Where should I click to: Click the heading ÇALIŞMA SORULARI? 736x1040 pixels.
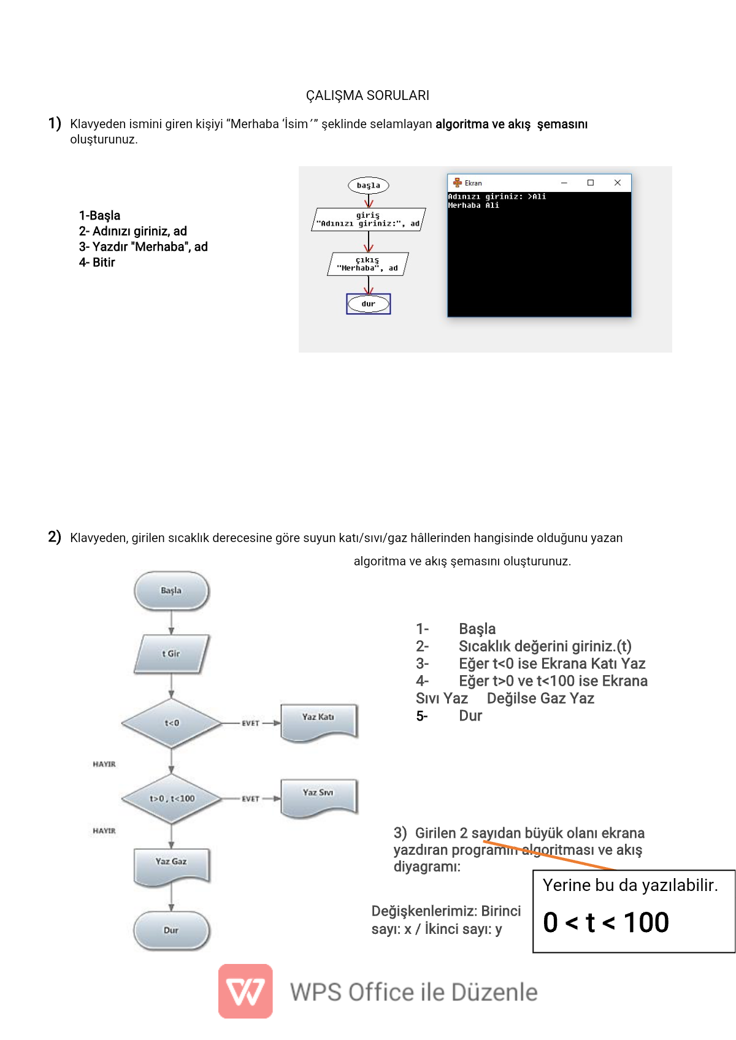point(367,96)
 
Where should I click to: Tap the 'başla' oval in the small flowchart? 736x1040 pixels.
point(369,185)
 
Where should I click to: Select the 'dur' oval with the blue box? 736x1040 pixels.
point(369,304)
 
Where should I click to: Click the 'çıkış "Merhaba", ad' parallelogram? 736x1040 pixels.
point(368,264)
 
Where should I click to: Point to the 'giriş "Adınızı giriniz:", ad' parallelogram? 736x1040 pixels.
point(369,220)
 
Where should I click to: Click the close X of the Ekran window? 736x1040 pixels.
point(618,183)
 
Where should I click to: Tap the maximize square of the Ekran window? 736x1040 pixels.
point(591,183)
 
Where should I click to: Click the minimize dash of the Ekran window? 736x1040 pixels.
point(564,183)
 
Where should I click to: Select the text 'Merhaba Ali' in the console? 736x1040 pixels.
point(473,205)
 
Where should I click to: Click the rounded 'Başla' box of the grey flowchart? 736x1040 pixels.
point(171,591)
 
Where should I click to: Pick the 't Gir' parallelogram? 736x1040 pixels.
point(171,654)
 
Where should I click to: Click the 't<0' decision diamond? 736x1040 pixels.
point(172,723)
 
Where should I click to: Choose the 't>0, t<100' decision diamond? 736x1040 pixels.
point(172,798)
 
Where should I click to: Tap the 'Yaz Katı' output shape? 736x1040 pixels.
point(318,720)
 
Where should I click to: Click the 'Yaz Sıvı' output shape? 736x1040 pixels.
point(318,796)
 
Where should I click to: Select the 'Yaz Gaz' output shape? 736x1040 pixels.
point(171,865)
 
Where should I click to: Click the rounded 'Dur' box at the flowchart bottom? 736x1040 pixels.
point(171,930)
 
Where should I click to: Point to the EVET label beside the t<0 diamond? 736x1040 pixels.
point(250,724)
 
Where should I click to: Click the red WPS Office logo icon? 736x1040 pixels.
point(245,991)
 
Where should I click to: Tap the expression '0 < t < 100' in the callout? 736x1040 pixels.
point(606,922)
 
